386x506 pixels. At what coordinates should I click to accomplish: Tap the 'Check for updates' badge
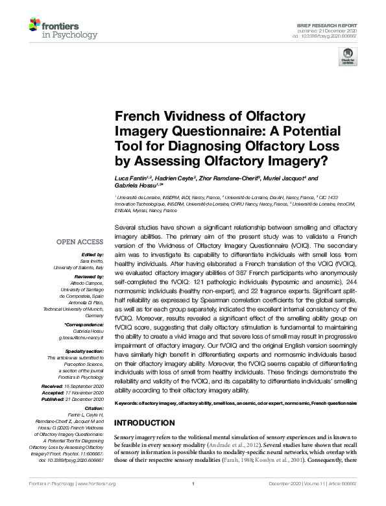348,56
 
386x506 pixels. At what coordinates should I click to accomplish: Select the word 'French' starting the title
137,116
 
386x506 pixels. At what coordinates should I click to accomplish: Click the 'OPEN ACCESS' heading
80,241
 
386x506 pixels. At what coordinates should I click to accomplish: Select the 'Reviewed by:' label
88,276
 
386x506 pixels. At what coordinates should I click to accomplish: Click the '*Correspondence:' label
85,324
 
